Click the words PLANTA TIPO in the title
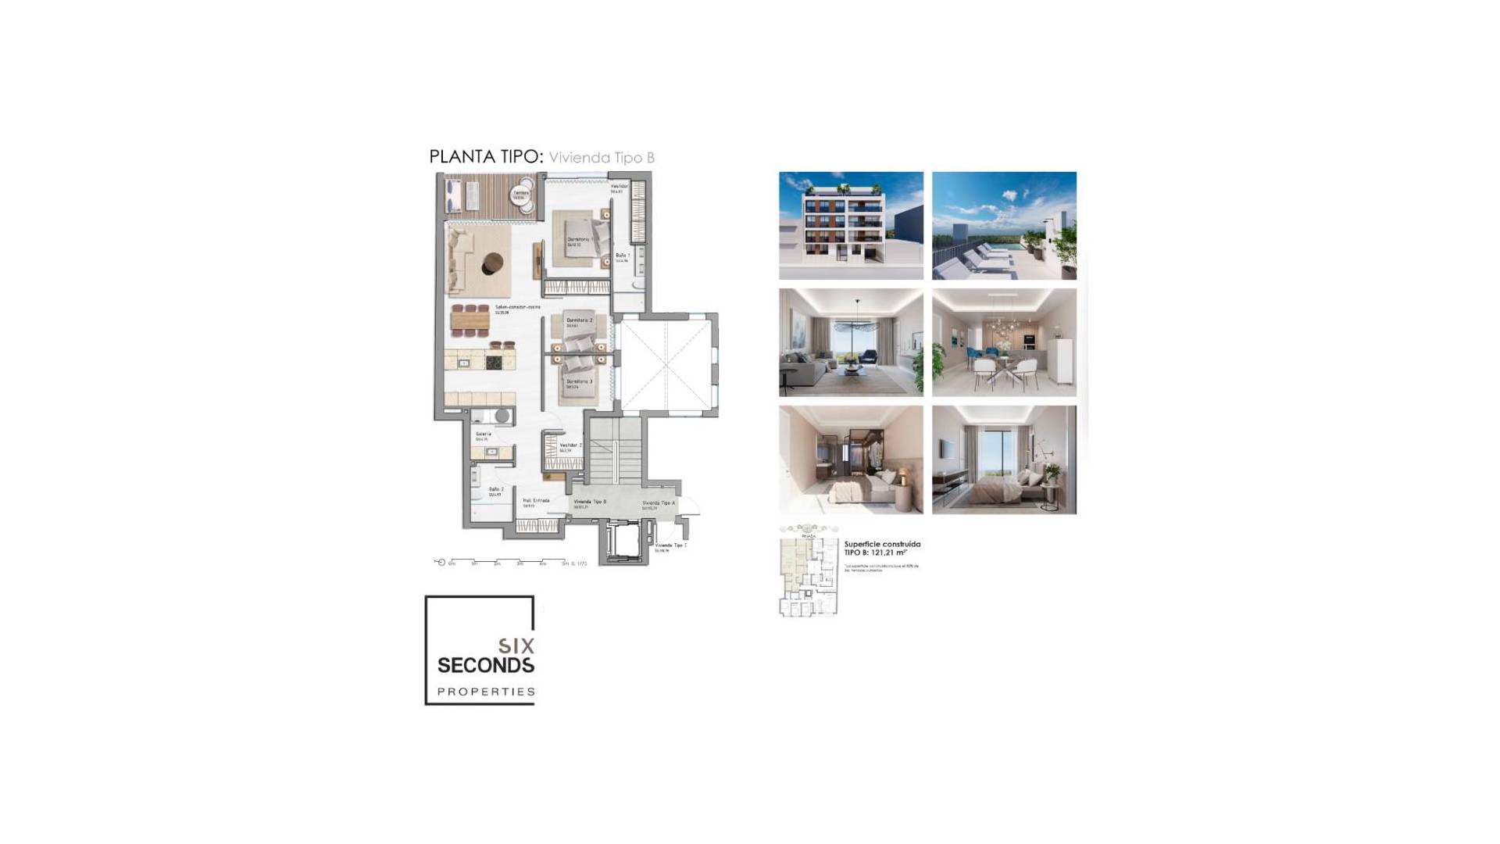[x=485, y=156]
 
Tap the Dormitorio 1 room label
[x=579, y=240]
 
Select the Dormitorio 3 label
[x=579, y=382]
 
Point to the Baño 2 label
[x=496, y=490]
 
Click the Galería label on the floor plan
[x=483, y=435]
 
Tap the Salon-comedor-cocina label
[x=517, y=308]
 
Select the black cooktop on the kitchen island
[x=494, y=361]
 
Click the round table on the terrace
[x=521, y=195]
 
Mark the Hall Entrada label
[x=536, y=501]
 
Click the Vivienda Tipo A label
[x=659, y=504]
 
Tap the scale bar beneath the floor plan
[x=508, y=562]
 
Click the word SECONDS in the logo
[x=485, y=666]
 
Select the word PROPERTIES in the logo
[x=486, y=692]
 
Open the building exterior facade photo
[x=851, y=226]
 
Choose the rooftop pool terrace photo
[x=1004, y=226]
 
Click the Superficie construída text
[x=882, y=544]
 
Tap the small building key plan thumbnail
[x=809, y=574]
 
